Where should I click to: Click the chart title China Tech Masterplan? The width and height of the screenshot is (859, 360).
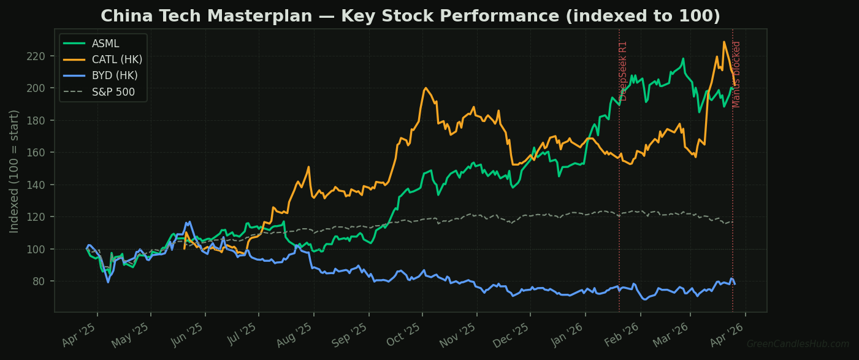(x=410, y=17)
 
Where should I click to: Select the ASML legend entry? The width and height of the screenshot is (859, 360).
(x=105, y=44)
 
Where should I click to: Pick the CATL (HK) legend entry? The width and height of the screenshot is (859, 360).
(x=116, y=59)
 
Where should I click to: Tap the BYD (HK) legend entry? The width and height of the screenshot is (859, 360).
(x=115, y=76)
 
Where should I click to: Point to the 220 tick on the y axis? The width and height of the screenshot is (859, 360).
(x=37, y=56)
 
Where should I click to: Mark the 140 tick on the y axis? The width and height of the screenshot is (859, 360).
(x=37, y=185)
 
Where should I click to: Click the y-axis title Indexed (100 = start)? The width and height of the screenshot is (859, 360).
(x=15, y=171)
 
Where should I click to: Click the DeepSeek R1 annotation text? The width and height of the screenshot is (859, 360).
(x=624, y=71)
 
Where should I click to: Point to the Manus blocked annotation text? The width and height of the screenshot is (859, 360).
(x=737, y=74)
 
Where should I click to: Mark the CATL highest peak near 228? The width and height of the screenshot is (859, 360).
(x=724, y=42)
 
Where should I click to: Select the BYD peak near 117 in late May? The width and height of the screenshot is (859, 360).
(x=189, y=222)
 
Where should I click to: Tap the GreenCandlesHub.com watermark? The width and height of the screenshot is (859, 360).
(x=798, y=345)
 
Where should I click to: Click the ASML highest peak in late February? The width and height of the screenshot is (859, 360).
(x=683, y=59)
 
